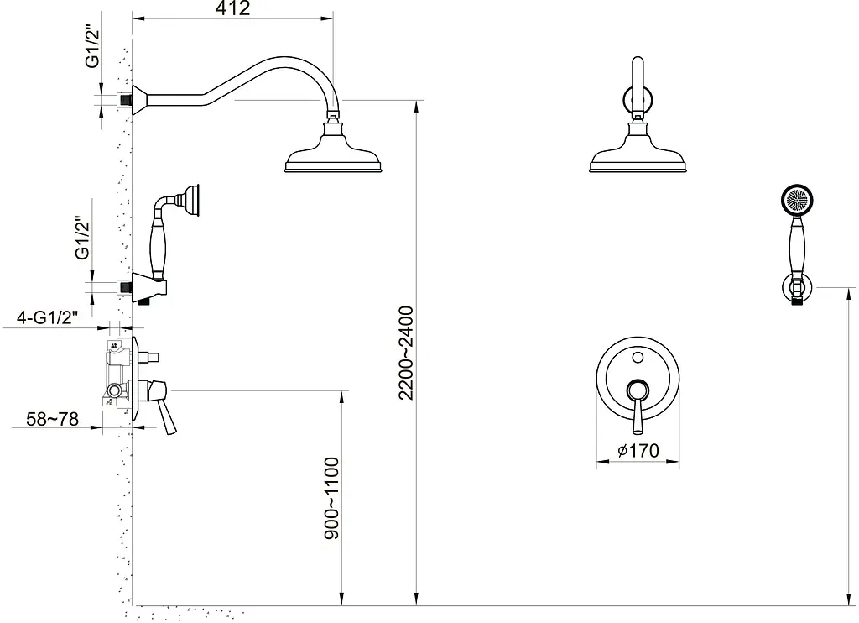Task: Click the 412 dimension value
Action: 232,8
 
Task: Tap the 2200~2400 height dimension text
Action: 407,353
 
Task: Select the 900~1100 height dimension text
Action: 332,499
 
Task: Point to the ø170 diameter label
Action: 638,451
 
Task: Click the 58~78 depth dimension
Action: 53,420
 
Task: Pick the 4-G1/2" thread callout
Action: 47,317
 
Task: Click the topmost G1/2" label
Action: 93,48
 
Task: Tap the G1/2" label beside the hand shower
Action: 83,238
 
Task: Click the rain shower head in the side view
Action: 332,148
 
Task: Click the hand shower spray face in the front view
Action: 797,200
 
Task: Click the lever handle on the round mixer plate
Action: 637,406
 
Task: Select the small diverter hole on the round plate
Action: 638,358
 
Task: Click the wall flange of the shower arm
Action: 139,100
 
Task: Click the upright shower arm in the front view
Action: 638,86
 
